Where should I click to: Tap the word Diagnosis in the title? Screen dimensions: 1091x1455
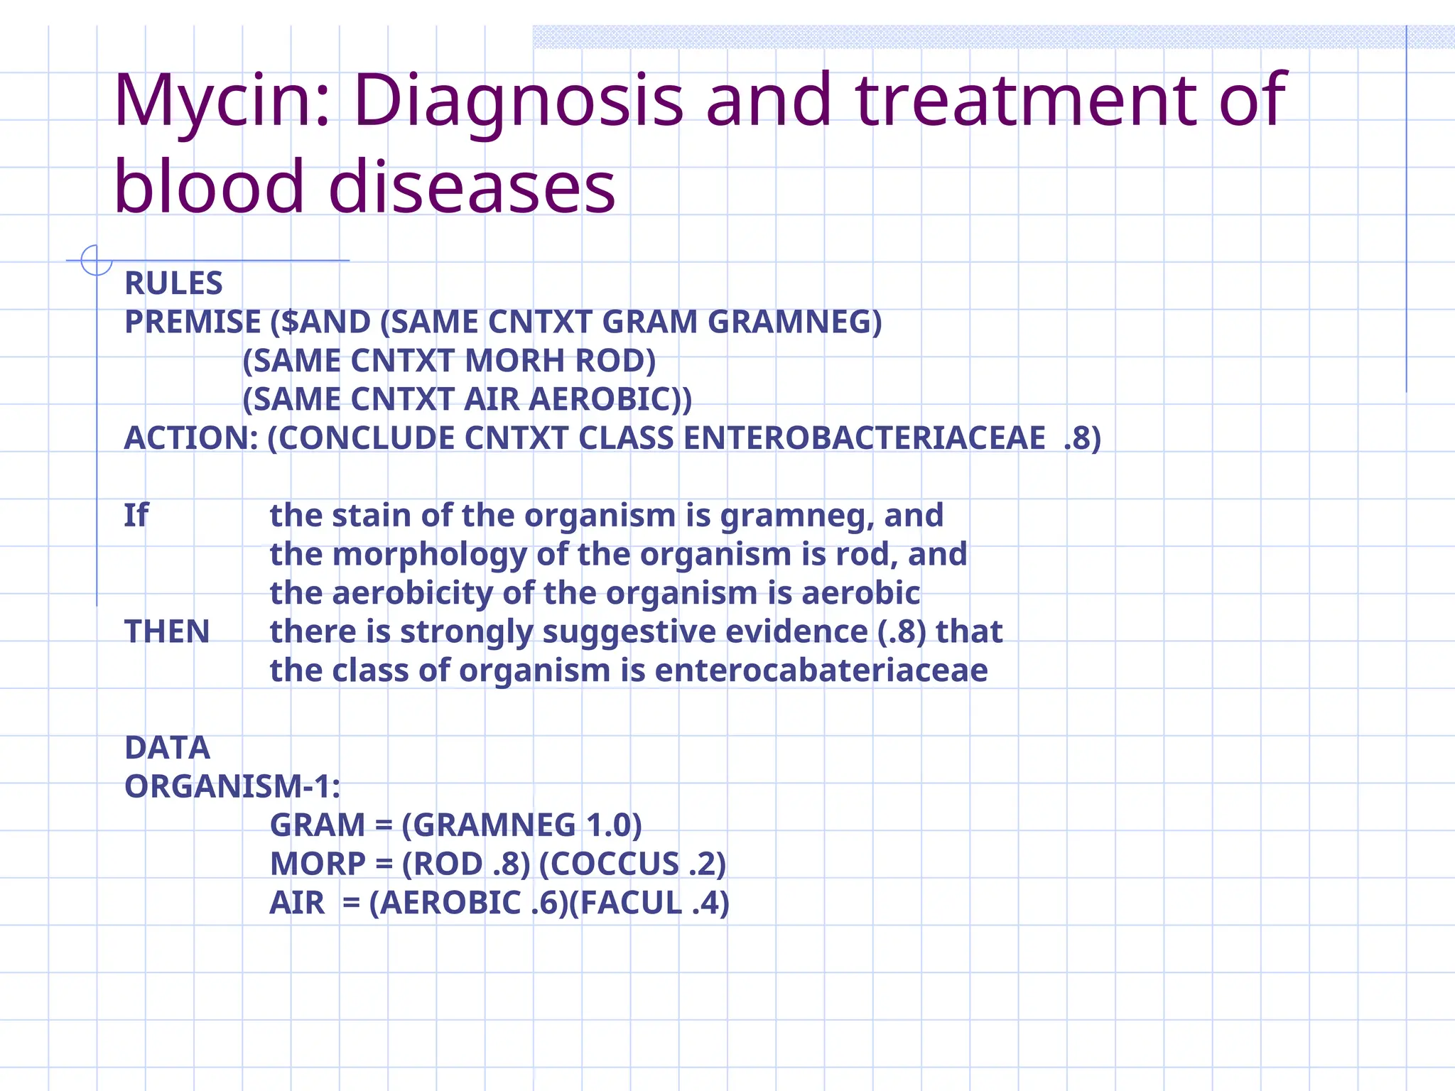tap(519, 102)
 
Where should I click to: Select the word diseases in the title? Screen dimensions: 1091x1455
tap(472, 187)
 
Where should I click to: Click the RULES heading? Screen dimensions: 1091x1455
tap(173, 283)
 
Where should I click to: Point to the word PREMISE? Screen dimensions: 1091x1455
tap(193, 322)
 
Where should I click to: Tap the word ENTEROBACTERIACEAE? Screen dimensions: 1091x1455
tap(864, 438)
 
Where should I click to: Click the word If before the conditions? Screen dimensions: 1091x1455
tap(136, 516)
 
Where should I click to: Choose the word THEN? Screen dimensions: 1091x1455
tap(167, 631)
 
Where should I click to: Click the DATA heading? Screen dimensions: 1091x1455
tap(167, 748)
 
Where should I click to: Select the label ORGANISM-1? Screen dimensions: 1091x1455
tap(232, 787)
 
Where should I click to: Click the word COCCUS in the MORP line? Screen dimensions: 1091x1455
tap(615, 864)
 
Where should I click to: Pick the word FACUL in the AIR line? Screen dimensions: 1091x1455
tap(631, 903)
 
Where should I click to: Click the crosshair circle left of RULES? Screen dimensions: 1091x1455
tap(97, 260)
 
